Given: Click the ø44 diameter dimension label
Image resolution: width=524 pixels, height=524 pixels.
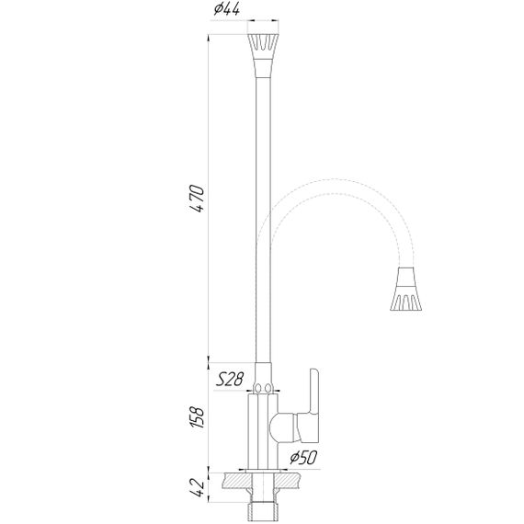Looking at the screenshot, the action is pyautogui.click(x=226, y=10).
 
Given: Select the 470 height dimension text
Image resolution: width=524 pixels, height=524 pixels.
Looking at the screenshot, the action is pyautogui.click(x=197, y=199).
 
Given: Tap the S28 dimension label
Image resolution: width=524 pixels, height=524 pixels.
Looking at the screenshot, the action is pyautogui.click(x=230, y=379).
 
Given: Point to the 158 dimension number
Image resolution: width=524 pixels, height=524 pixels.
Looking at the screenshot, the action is pyautogui.click(x=197, y=416).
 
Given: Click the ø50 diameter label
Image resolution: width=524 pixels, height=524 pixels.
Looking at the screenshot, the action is pyautogui.click(x=303, y=458).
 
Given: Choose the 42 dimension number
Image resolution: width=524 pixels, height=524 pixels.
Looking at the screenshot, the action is pyautogui.click(x=197, y=488).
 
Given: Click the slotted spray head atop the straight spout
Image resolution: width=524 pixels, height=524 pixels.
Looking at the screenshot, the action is pyautogui.click(x=263, y=47).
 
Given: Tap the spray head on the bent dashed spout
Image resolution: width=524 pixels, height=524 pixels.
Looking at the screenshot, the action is pyautogui.click(x=406, y=290).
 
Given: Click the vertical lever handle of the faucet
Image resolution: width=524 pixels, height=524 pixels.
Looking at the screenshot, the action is pyautogui.click(x=314, y=392).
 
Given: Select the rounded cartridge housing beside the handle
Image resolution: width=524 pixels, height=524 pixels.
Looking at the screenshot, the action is pyautogui.click(x=281, y=428).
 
